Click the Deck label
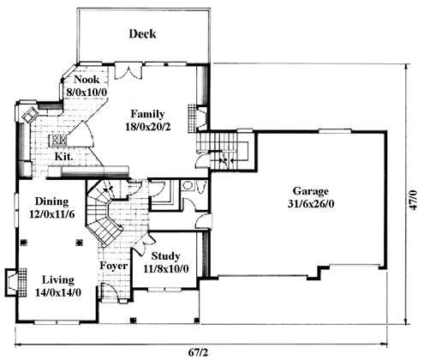[x=142, y=33]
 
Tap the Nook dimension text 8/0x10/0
[x=87, y=92]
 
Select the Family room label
[x=147, y=114]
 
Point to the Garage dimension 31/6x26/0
[x=311, y=204]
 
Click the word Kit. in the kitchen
[x=63, y=156]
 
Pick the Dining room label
[x=52, y=201]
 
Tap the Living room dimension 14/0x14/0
[x=58, y=292]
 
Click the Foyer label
[x=113, y=266]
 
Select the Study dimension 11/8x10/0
[x=165, y=268]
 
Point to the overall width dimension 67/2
[x=198, y=352]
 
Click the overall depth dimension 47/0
[x=413, y=200]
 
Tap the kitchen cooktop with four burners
[x=58, y=140]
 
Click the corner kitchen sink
[x=30, y=115]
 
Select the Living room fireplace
[x=15, y=282]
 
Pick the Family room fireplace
[x=197, y=118]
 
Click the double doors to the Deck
[x=128, y=72]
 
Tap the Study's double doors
[x=144, y=244]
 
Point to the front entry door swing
[x=110, y=291]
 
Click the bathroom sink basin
[x=188, y=185]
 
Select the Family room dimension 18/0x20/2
[x=148, y=126]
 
